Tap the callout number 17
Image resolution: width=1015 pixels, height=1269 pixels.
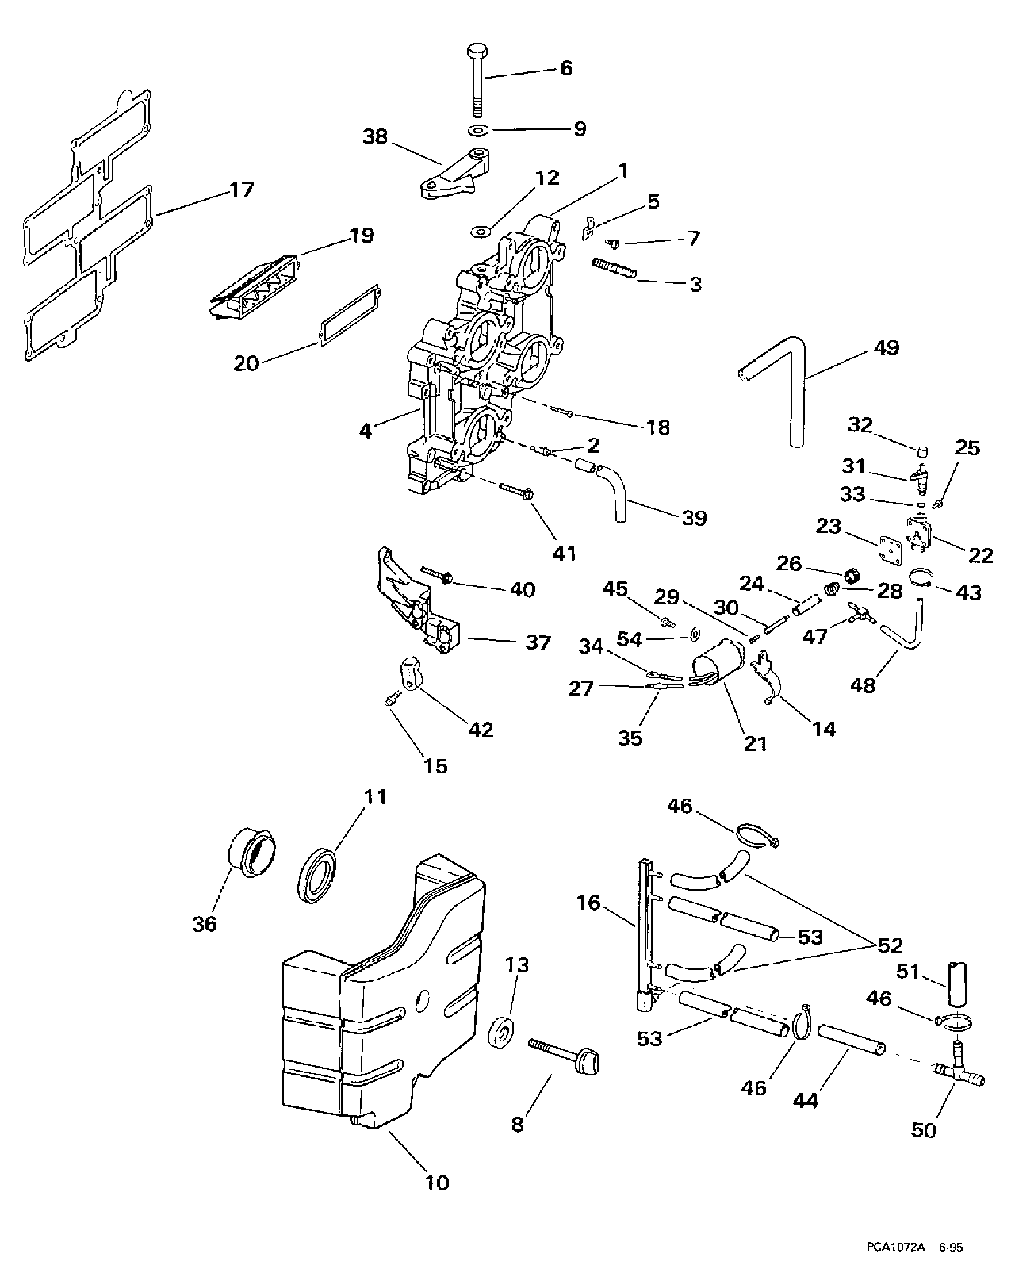click(x=242, y=190)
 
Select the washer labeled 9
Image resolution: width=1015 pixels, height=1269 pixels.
click(x=478, y=129)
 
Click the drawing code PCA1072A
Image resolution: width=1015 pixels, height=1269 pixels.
click(x=895, y=1248)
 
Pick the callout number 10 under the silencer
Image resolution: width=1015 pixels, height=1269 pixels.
click(x=437, y=1183)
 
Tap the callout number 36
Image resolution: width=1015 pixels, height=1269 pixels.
click(x=205, y=923)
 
